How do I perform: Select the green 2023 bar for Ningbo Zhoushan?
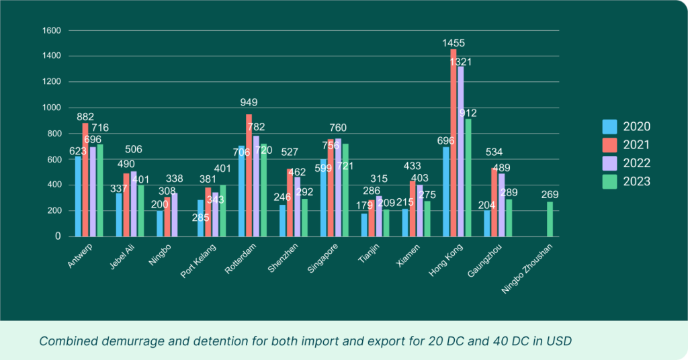tap(550, 219)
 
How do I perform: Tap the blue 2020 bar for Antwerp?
tap(79, 196)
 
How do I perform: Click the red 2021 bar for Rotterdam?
tap(249, 175)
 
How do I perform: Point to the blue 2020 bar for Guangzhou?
tap(487, 223)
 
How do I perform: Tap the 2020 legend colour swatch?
tap(609, 126)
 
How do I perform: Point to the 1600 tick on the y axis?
tap(52, 31)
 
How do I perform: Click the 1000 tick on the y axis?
tap(52, 107)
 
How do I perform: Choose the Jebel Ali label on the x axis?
tap(121, 257)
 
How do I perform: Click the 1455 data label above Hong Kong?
tap(454, 44)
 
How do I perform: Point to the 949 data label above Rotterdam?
tap(249, 103)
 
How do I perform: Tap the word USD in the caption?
tap(559, 341)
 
